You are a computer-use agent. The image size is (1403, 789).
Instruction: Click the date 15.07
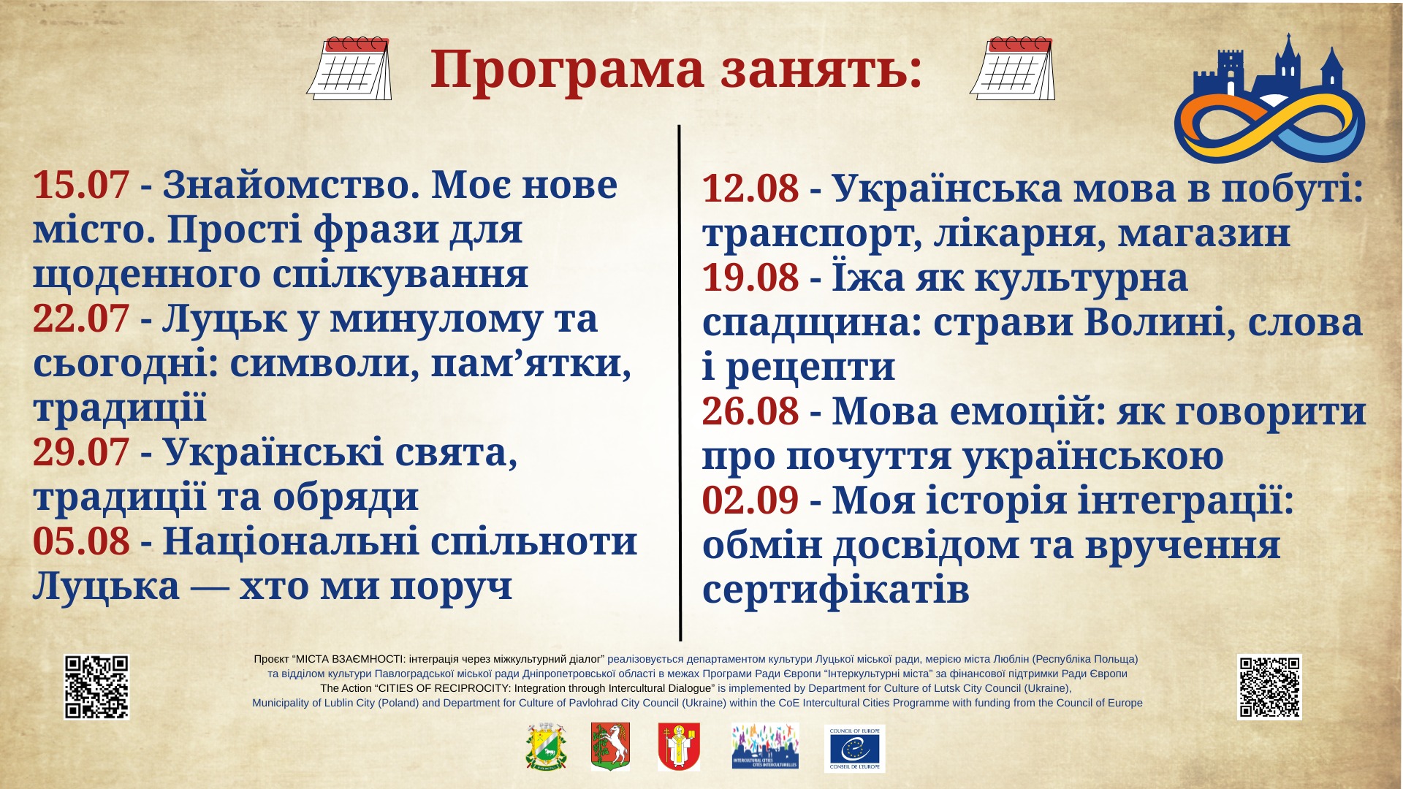tap(81, 186)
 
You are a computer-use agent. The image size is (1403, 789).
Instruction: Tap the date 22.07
tap(81, 319)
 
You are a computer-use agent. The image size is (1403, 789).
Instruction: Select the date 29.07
tap(81, 453)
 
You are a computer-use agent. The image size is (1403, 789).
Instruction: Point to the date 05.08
tap(81, 542)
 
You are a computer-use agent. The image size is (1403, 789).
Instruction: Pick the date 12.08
tap(750, 188)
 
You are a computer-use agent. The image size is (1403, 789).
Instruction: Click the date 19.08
tap(750, 278)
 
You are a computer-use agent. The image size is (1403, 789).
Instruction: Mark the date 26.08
tap(750, 411)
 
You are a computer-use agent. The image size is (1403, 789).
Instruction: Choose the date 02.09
tap(750, 500)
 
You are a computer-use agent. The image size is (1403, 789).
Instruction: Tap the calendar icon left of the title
tap(349, 68)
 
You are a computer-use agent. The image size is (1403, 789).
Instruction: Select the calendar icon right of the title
tap(1013, 68)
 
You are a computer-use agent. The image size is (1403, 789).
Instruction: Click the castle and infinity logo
tap(1270, 98)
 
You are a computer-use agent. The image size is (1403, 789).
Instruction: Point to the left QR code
tap(96, 687)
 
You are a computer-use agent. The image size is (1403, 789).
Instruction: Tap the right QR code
tap(1269, 687)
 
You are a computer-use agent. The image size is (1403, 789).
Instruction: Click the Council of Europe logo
tap(854, 748)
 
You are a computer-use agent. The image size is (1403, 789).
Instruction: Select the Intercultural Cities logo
tap(765, 746)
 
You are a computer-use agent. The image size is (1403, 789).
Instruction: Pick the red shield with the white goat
tap(610, 747)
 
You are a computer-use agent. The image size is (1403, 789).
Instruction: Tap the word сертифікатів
tap(836, 590)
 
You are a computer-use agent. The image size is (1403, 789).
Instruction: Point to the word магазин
tap(1204, 235)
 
